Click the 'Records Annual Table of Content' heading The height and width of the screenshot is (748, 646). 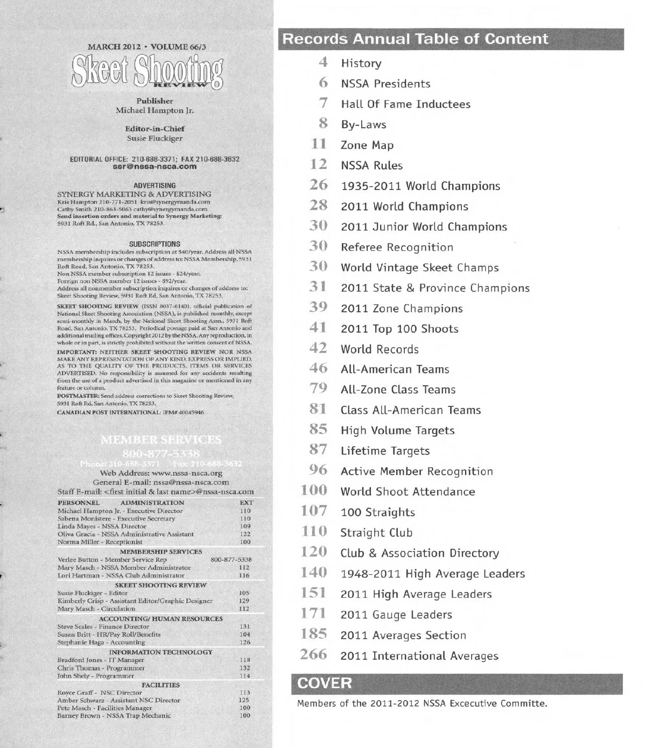[x=415, y=39]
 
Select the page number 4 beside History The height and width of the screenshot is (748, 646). [x=323, y=62]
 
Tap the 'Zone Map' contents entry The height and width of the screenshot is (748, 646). [x=367, y=145]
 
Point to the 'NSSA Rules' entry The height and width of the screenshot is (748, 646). [x=371, y=166]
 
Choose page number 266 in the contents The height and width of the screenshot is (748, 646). [x=313, y=655]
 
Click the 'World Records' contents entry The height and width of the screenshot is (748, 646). [x=380, y=349]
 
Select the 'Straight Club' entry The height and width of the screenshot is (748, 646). [x=376, y=533]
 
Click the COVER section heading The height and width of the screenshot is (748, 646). [x=324, y=683]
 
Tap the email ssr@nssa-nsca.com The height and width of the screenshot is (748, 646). [x=155, y=167]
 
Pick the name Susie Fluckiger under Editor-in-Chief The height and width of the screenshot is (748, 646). [x=155, y=138]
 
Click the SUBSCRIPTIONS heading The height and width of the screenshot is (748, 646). [x=155, y=244]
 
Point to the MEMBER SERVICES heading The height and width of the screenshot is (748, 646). [x=160, y=440]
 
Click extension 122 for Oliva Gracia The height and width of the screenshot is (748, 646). [x=245, y=534]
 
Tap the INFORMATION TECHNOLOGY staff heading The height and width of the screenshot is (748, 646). [x=160, y=652]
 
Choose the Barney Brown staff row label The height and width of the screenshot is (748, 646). [x=114, y=716]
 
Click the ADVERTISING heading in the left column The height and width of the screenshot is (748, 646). [x=155, y=186]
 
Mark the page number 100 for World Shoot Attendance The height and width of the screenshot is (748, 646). [x=314, y=491]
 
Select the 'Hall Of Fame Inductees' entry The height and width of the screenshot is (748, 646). [x=405, y=104]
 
